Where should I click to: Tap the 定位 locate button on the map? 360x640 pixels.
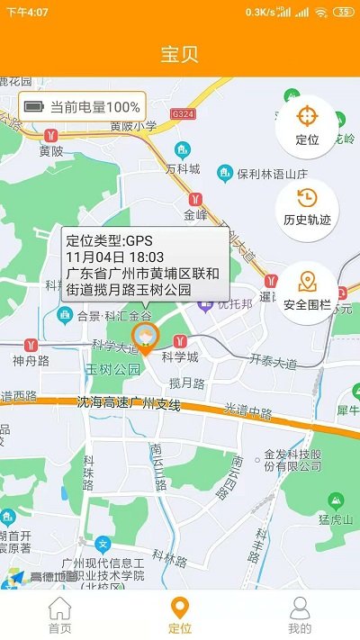307,125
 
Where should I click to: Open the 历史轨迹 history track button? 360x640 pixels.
307,206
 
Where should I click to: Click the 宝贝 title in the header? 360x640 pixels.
180,53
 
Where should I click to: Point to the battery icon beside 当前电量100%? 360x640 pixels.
34,106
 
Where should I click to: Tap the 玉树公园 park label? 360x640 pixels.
113,369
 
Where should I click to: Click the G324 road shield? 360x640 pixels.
183,114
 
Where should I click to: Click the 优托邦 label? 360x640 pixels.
234,305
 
